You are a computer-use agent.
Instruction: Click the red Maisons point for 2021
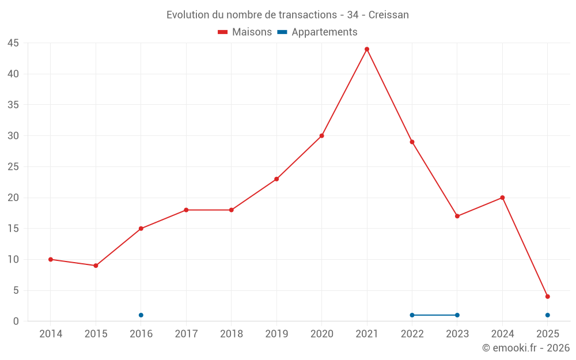click(367, 49)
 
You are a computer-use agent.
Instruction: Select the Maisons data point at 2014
click(51, 259)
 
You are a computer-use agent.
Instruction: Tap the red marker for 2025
click(548, 297)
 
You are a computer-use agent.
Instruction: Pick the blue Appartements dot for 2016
click(141, 315)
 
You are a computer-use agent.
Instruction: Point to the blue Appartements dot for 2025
click(548, 315)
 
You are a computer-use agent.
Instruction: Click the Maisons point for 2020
click(322, 136)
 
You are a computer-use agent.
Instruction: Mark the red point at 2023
click(457, 216)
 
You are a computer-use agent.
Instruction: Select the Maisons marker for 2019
click(276, 179)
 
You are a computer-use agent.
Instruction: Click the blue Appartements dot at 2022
click(412, 315)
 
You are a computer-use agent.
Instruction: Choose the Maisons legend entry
click(245, 32)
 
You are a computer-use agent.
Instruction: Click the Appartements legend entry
click(317, 32)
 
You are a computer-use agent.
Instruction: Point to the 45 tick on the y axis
click(13, 43)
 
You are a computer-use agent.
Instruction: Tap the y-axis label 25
click(13, 166)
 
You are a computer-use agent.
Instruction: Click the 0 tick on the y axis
click(16, 321)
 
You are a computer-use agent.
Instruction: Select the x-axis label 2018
click(232, 334)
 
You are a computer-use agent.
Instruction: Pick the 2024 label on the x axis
click(502, 334)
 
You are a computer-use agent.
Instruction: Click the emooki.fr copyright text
click(526, 348)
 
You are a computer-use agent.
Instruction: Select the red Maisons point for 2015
click(96, 266)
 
